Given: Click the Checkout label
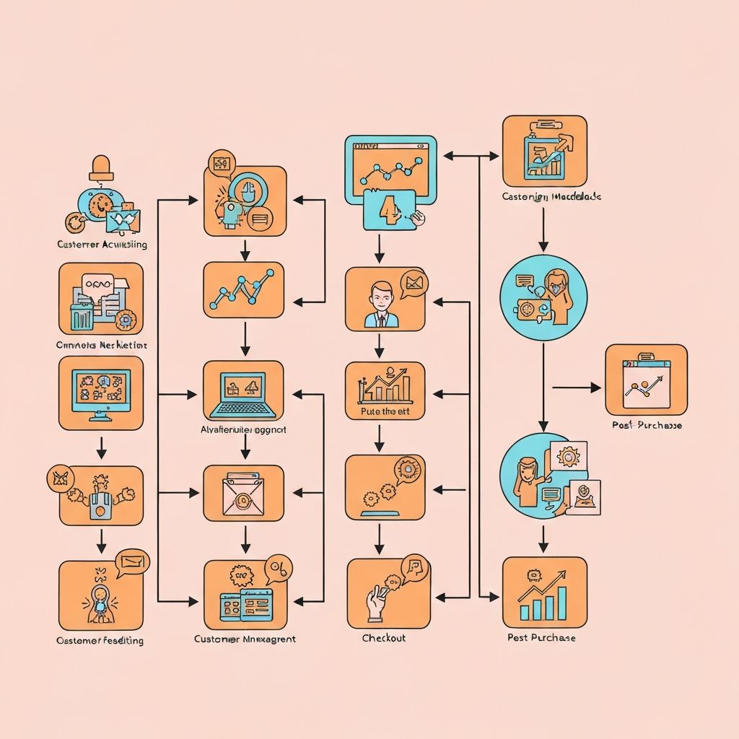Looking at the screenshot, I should (384, 638).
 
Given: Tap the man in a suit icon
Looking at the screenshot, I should (380, 305).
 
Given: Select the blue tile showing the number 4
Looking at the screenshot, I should (390, 209).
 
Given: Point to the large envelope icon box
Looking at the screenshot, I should (243, 493).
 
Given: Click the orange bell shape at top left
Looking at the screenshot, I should (101, 167).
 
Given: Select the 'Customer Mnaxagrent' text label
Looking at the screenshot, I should (245, 639).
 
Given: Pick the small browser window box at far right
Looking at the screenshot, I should (646, 379).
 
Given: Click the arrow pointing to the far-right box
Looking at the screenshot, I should (577, 388).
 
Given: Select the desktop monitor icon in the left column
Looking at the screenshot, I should (101, 388).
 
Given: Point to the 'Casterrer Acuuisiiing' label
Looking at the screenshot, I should (102, 244).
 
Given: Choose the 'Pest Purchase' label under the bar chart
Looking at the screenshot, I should (542, 637).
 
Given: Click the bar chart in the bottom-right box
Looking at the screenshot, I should (544, 595).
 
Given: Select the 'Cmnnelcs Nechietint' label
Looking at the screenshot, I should (101, 345).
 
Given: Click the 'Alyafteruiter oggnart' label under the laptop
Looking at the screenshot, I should (243, 429).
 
